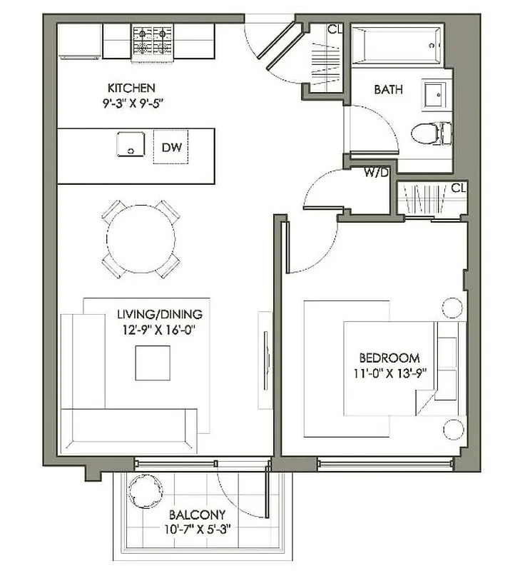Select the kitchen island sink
pyautogui.click(x=131, y=146)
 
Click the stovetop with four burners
pyautogui.click(x=153, y=39)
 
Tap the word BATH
pyautogui.click(x=388, y=90)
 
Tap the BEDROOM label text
pyautogui.click(x=389, y=358)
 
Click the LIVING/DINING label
pyautogui.click(x=160, y=314)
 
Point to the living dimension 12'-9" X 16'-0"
pyautogui.click(x=160, y=329)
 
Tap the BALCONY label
pyautogui.click(x=198, y=515)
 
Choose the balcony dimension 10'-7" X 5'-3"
pyautogui.click(x=198, y=530)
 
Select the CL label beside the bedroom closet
pyautogui.click(x=459, y=188)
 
